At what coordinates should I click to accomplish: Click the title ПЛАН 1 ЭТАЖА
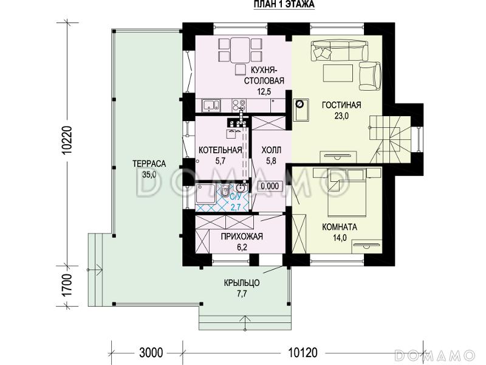(x=284, y=4)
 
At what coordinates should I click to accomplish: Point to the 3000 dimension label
(x=151, y=353)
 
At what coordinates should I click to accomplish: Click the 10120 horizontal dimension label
(x=303, y=353)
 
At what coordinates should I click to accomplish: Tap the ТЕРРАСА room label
(x=149, y=164)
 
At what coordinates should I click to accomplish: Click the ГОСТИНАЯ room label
(x=341, y=105)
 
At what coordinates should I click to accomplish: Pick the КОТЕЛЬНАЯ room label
(x=220, y=150)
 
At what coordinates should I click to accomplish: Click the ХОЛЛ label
(x=271, y=150)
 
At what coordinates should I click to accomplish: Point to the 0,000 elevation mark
(x=270, y=186)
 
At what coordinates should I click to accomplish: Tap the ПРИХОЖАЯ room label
(x=242, y=237)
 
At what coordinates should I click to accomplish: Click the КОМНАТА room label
(x=340, y=227)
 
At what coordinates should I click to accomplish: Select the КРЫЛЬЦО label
(x=242, y=283)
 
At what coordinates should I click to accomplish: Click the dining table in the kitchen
(x=239, y=50)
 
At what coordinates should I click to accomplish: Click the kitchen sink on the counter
(x=211, y=105)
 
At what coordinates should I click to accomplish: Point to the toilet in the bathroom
(x=225, y=190)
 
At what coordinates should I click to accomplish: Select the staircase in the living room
(x=390, y=139)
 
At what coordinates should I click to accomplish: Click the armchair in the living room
(x=370, y=76)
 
